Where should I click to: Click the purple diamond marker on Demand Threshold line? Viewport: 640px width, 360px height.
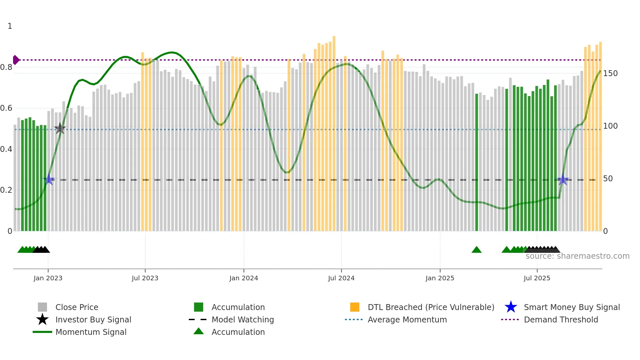(x=16, y=60)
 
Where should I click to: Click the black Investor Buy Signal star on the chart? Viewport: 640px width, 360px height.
(x=60, y=128)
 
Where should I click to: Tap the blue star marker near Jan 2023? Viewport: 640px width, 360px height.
(x=49, y=179)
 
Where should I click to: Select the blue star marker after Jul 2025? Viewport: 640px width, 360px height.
(x=563, y=180)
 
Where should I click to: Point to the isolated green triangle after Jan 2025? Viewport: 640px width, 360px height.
(x=476, y=250)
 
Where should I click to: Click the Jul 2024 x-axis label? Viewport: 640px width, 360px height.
(x=341, y=278)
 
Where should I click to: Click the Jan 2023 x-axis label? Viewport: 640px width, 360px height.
(x=48, y=278)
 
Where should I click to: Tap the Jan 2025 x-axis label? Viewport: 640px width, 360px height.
(x=440, y=278)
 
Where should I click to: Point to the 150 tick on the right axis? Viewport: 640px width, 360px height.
(x=610, y=74)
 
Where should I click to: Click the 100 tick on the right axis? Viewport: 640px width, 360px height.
(x=610, y=126)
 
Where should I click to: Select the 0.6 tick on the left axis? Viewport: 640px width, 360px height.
(x=7, y=108)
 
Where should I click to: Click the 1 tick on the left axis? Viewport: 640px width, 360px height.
(x=10, y=26)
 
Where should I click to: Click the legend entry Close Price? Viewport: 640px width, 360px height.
(x=77, y=307)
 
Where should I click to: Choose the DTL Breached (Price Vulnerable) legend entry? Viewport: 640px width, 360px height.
(x=431, y=307)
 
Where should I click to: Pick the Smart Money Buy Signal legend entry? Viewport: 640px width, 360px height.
(x=571, y=307)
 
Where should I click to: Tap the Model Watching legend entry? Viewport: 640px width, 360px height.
(x=243, y=319)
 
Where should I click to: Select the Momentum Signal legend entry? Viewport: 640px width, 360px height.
(x=91, y=332)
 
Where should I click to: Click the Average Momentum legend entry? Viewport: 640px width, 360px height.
(x=407, y=319)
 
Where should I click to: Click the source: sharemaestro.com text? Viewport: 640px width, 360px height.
(x=577, y=256)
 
